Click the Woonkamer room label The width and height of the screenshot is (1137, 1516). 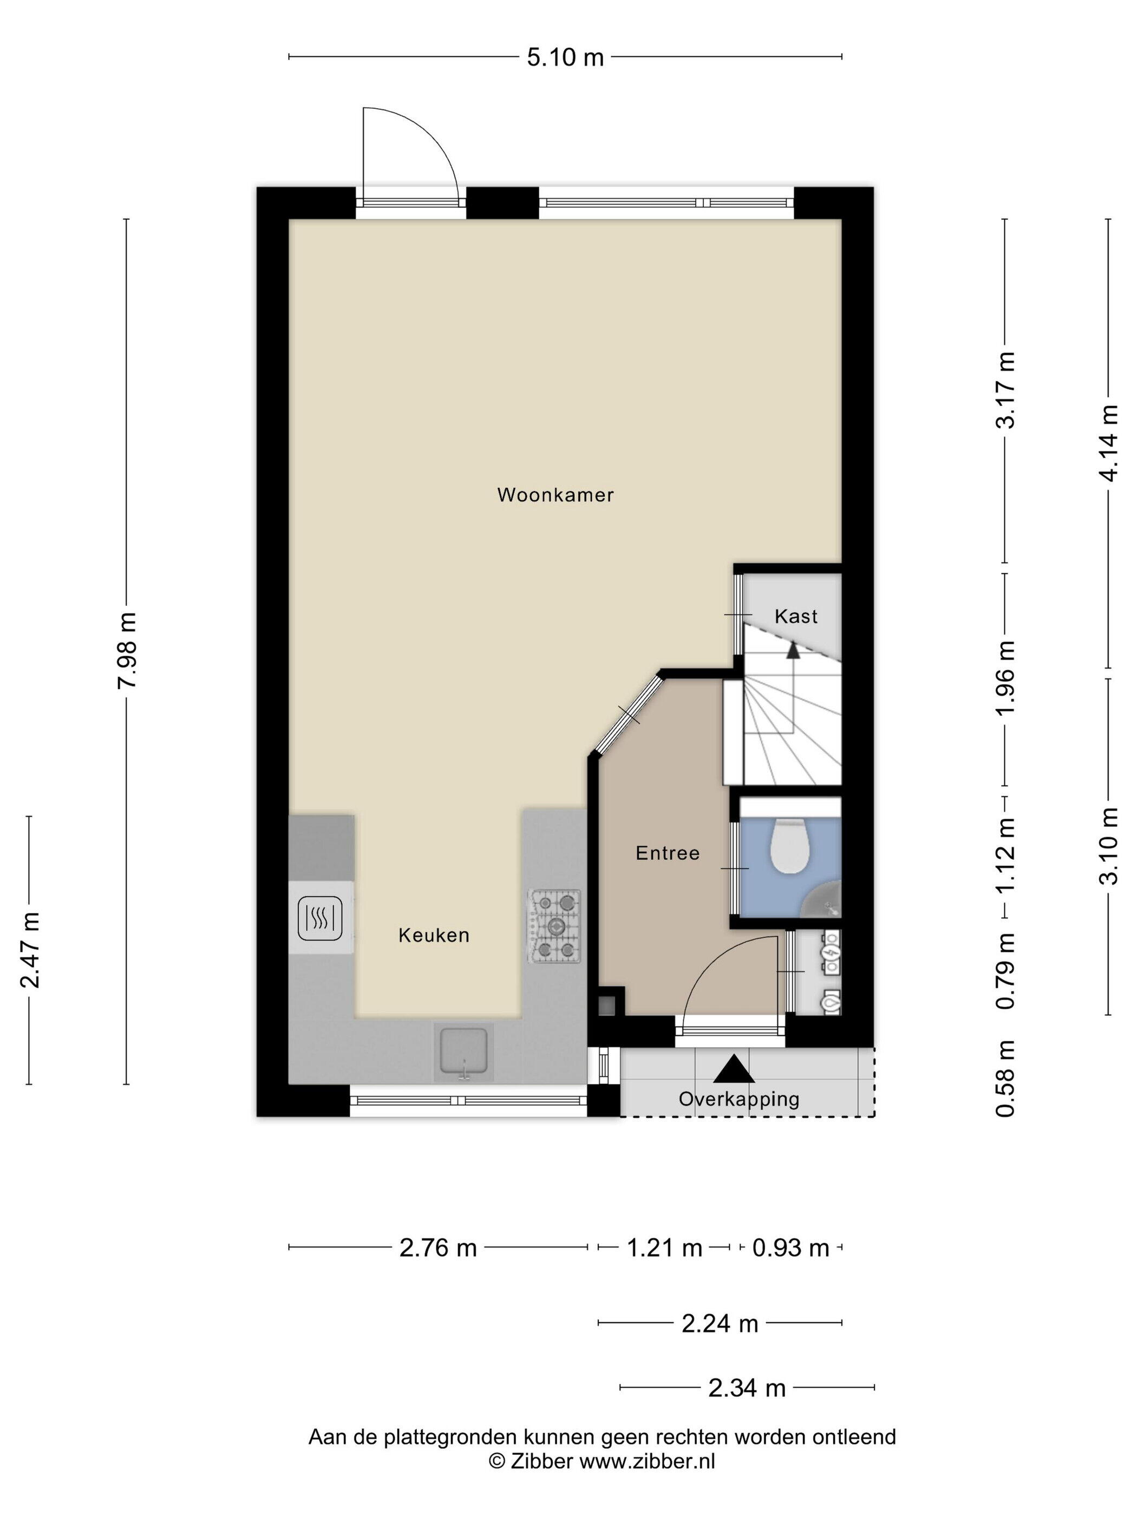pyautogui.click(x=555, y=495)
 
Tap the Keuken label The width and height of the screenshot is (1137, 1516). pyautogui.click(x=434, y=935)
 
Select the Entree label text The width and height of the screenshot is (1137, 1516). pyautogui.click(x=668, y=853)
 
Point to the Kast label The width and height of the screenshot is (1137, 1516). pyautogui.click(x=796, y=616)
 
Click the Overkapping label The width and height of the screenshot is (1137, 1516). pyautogui.click(x=739, y=1099)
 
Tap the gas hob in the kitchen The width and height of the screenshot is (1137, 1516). pyautogui.click(x=554, y=926)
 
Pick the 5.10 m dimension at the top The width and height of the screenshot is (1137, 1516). pyautogui.click(x=565, y=57)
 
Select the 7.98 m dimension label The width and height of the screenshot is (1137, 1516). pyautogui.click(x=127, y=651)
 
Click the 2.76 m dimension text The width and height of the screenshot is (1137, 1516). pyautogui.click(x=438, y=1247)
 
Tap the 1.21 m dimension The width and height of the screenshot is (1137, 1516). pyautogui.click(x=664, y=1247)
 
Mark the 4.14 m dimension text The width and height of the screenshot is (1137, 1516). pyautogui.click(x=1109, y=443)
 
